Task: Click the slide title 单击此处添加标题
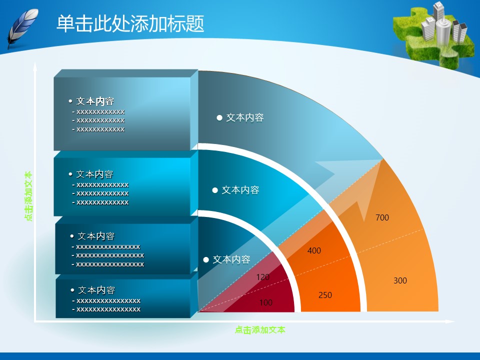pos(130,23)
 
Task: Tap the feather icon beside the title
pos(22,28)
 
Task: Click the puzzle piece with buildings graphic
pos(434,33)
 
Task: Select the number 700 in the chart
pos(382,217)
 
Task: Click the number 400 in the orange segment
pos(314,250)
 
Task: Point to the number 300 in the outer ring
pos(400,280)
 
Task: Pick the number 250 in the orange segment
pos(325,295)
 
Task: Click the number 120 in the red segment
pos(263,277)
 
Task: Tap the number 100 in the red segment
pos(265,303)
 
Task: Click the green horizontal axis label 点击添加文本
pos(260,330)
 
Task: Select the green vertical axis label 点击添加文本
pos(28,196)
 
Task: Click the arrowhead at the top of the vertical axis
pos(35,66)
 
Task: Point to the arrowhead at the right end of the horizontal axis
pos(450,321)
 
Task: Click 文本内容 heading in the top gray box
pos(95,101)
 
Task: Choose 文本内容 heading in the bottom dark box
pos(96,290)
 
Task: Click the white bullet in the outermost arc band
pos(219,118)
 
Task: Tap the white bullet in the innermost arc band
pos(206,260)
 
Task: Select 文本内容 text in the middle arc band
pos(240,190)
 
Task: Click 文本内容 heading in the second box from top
pos(94,174)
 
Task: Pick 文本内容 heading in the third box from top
pos(96,236)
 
